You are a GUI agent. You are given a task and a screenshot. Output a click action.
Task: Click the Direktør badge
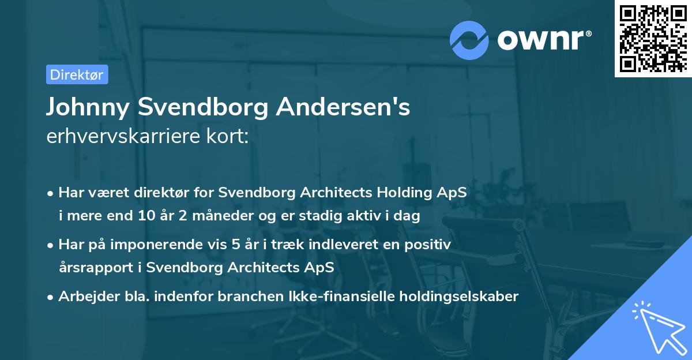[77, 74]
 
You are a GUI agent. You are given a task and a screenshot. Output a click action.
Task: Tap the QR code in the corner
[653, 38]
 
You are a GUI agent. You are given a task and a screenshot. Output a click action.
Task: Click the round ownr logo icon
[469, 39]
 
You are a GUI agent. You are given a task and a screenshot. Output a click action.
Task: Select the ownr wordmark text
[543, 39]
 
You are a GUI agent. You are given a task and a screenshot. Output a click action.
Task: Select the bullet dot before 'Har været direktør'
[51, 193]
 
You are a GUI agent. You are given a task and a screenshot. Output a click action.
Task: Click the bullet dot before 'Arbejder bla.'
[51, 298]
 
